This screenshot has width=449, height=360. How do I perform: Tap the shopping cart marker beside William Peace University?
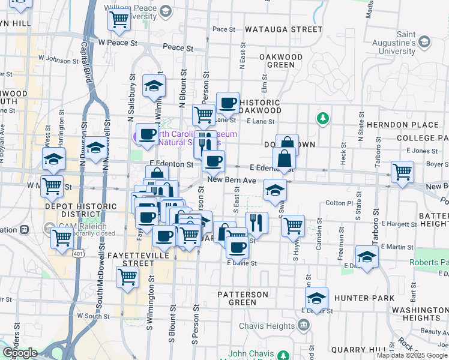(x=119, y=19)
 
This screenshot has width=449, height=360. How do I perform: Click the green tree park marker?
(x=323, y=118)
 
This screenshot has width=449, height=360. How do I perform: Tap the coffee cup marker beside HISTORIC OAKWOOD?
(x=227, y=103)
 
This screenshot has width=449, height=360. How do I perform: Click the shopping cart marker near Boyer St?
(x=402, y=171)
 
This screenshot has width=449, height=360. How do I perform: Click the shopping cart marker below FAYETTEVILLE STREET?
(x=127, y=278)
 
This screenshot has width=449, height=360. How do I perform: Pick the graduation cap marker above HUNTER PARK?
(x=316, y=298)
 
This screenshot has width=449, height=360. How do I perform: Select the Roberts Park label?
(x=429, y=263)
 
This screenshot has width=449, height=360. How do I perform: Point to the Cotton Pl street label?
(x=338, y=203)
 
